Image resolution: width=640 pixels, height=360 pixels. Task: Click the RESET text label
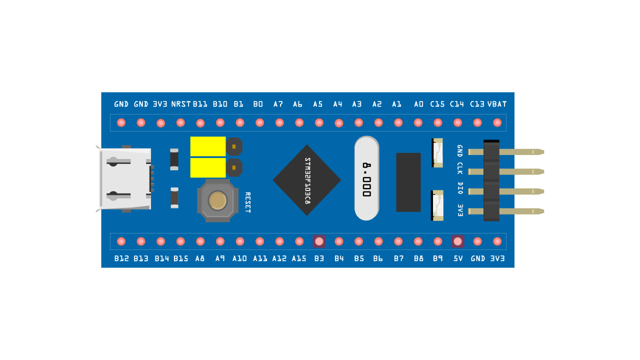[247, 202]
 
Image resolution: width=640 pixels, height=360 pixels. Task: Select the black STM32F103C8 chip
[307, 180]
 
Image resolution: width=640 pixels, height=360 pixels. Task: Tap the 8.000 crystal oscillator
[366, 178]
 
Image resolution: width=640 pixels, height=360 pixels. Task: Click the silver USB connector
[125, 179]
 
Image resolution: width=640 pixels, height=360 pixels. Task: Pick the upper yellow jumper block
[208, 146]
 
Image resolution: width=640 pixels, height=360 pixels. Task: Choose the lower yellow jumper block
[208, 167]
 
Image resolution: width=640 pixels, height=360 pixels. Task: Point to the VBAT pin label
[497, 104]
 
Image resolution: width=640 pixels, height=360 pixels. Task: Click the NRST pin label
[180, 104]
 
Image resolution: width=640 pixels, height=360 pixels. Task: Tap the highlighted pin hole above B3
[319, 241]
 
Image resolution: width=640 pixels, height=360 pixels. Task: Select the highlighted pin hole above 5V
[457, 241]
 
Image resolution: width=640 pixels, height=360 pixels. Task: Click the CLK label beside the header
[460, 168]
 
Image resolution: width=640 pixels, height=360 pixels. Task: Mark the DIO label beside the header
[460, 188]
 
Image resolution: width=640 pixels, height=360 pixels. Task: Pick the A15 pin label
[299, 258]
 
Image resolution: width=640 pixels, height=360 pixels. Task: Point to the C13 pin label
[477, 104]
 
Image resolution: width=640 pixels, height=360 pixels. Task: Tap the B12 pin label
[121, 258]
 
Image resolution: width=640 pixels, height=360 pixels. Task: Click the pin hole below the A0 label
[418, 122]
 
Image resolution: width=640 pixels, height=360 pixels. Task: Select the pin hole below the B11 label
[200, 123]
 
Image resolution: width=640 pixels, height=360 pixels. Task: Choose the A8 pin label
[200, 258]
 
